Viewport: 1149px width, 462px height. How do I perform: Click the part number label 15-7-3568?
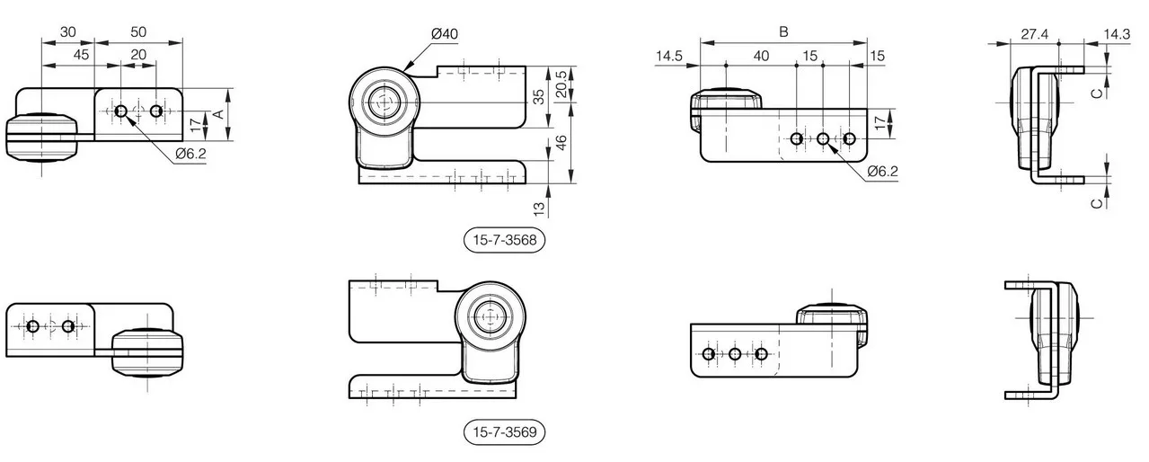click(504, 240)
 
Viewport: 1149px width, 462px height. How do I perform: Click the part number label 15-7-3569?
click(504, 432)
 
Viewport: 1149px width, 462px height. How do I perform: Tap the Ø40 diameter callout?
click(445, 34)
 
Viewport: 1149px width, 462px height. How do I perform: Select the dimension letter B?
click(783, 31)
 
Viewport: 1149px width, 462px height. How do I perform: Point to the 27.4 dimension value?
click(1034, 34)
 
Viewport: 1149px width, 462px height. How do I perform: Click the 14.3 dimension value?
click(1117, 34)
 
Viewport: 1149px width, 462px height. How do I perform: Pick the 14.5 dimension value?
click(668, 56)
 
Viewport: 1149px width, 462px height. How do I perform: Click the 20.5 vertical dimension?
click(561, 84)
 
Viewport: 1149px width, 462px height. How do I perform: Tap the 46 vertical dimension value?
click(561, 143)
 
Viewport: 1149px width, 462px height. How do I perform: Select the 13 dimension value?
click(539, 209)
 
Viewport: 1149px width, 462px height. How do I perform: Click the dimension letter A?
click(218, 114)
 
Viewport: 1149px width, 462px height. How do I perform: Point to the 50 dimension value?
click(138, 31)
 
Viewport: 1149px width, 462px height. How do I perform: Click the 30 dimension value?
click(67, 31)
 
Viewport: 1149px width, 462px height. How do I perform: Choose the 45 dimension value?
click(81, 55)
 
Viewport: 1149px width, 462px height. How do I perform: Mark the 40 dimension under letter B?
click(761, 56)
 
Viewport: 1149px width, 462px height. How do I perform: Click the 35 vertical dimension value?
click(539, 97)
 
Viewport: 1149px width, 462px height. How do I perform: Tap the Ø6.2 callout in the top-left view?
click(190, 154)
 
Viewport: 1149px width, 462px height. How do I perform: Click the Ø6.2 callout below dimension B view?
click(883, 172)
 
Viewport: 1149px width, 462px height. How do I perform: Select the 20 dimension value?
click(138, 55)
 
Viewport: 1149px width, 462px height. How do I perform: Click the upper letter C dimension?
click(1096, 93)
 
